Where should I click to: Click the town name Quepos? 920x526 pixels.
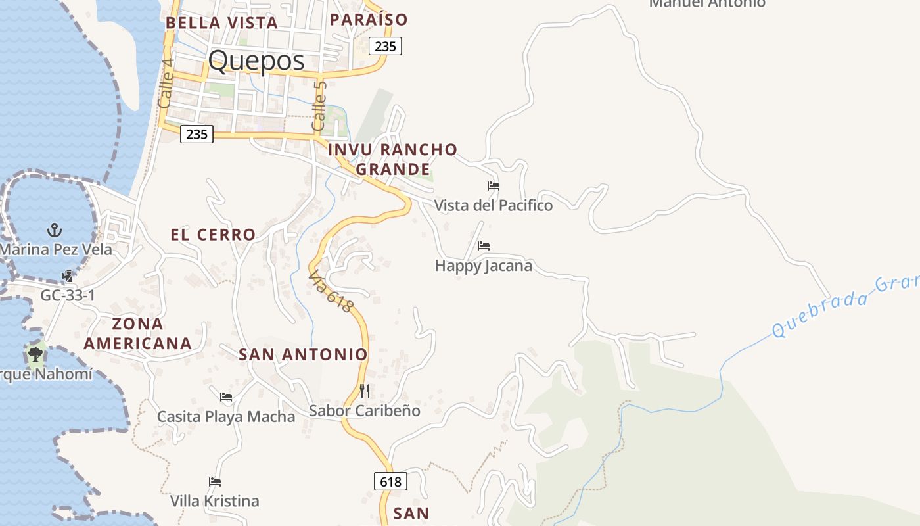[256, 61]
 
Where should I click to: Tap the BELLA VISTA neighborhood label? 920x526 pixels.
[221, 23]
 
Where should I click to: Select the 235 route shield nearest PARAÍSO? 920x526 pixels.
[385, 46]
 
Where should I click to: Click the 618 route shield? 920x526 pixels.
[390, 481]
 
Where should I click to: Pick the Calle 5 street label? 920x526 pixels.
[319, 105]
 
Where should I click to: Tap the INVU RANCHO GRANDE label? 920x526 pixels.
[392, 159]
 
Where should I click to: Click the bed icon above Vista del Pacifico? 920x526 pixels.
[494, 186]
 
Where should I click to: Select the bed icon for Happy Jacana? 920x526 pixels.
[484, 246]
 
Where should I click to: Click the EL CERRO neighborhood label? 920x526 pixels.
[213, 235]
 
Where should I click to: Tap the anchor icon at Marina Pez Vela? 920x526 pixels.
[55, 230]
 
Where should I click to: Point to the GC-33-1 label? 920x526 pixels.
[68, 295]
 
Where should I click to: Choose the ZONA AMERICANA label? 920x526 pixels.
[137, 333]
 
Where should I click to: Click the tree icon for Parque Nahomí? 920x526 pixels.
[35, 355]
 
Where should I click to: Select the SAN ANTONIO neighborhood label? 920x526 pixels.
[303, 354]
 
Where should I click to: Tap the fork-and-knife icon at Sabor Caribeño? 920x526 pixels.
[365, 391]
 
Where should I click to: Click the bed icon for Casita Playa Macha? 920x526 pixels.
[226, 396]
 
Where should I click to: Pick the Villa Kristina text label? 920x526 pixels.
[214, 501]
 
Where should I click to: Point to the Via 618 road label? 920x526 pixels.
[331, 291]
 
